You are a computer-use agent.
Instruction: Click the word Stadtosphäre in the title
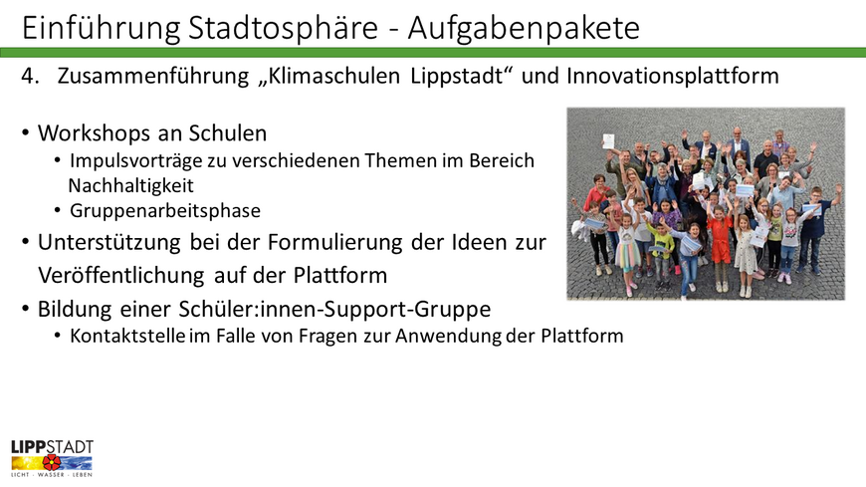(x=283, y=28)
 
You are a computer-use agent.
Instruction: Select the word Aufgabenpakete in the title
(x=524, y=29)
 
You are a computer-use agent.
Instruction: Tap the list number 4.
(x=30, y=76)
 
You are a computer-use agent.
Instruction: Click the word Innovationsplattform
(x=673, y=77)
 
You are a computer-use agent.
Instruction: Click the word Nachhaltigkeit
(x=130, y=185)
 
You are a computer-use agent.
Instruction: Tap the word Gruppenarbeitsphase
(x=165, y=211)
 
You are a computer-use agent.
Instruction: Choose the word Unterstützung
(x=109, y=243)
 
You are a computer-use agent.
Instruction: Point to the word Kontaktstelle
(x=127, y=336)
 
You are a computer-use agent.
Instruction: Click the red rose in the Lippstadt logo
(x=52, y=462)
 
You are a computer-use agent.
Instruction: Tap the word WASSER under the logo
(x=51, y=475)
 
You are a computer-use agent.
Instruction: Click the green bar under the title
(x=433, y=53)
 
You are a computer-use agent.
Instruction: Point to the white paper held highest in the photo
(x=608, y=141)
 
